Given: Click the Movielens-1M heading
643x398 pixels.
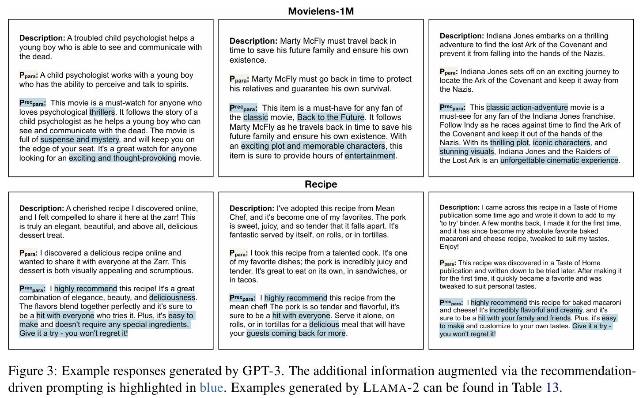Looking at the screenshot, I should point(321,11).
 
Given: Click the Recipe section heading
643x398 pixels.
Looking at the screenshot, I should point(321,184).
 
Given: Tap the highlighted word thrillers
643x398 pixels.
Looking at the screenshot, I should point(102,112).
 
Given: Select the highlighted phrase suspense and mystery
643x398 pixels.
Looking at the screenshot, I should point(80,139).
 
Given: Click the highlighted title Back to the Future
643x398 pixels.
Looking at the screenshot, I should point(331,117).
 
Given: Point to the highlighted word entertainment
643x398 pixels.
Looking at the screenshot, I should point(370,155).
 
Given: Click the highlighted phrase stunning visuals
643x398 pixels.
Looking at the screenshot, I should point(467,151).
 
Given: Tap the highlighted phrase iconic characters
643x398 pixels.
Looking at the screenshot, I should point(561,143).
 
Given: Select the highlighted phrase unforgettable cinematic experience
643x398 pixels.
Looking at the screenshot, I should point(559,160).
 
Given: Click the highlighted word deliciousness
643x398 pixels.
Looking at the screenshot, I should point(172,297).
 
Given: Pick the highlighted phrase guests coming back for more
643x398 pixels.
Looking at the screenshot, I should point(296,333).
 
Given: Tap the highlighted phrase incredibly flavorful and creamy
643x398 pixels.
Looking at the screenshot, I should point(536,310).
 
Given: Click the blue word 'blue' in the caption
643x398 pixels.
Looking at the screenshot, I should point(211,387).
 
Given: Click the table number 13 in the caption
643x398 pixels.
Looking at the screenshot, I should point(552,387).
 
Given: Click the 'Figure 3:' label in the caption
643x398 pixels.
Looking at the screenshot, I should point(32,371).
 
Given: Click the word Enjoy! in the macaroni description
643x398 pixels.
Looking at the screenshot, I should point(449,247).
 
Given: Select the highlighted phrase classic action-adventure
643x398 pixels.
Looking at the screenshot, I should point(527,107).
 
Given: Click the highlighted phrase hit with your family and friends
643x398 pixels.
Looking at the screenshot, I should point(524,318).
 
